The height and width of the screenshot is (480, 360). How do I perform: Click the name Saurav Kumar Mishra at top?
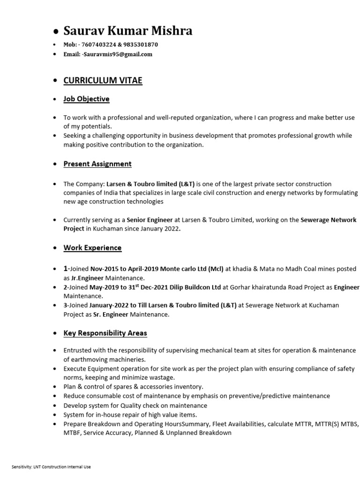[127, 31]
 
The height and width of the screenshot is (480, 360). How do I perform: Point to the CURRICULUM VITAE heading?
[103, 81]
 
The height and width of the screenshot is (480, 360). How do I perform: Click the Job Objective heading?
[86, 99]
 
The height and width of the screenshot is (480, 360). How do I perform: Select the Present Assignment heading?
[97, 164]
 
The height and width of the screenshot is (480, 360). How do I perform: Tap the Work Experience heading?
[92, 247]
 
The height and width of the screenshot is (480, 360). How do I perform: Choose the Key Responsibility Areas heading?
[105, 333]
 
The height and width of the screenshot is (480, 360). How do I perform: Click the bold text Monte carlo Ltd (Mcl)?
[192, 269]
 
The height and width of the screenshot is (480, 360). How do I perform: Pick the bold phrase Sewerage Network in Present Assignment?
[328, 220]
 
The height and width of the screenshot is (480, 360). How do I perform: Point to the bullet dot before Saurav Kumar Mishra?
[56, 32]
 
